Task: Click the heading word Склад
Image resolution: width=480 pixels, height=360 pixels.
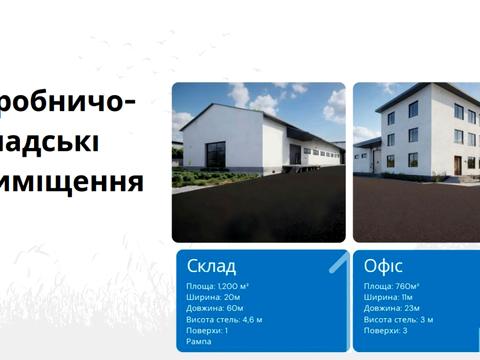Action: pyautogui.click(x=211, y=266)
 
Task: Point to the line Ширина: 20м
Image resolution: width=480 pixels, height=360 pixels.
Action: pyautogui.click(x=214, y=297)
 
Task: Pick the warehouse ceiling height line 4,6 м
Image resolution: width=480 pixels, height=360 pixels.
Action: pyautogui.click(x=224, y=319)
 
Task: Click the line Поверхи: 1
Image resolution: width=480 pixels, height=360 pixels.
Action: pyautogui.click(x=207, y=330)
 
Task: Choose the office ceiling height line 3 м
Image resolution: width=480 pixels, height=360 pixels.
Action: pyautogui.click(x=398, y=319)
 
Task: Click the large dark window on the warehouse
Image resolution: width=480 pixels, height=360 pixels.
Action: pyautogui.click(x=218, y=154)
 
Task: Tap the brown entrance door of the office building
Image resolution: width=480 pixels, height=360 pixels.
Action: pyautogui.click(x=457, y=162)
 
